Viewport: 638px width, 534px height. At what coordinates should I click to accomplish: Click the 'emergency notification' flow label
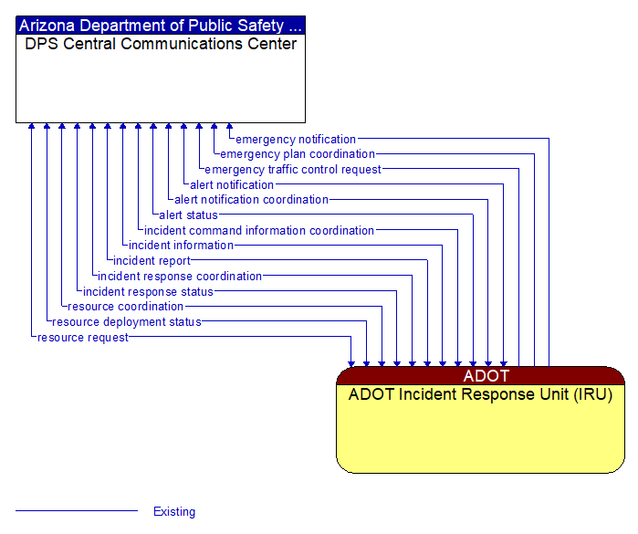coord(296,140)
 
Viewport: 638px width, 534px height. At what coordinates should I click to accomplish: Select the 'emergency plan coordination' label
coord(298,154)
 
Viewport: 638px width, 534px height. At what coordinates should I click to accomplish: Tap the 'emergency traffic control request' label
coord(293,170)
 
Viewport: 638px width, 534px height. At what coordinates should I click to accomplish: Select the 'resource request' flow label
coord(82,338)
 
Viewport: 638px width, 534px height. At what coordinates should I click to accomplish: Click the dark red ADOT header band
coord(480,375)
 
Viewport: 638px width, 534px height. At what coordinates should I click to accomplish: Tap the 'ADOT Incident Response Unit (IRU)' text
coord(480,395)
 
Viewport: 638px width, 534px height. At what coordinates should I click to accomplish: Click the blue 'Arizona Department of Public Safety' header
coord(161,26)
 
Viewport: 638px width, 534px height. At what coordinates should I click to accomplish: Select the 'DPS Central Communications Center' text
coord(161,44)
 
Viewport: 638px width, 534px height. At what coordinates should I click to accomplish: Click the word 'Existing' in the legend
coord(174,512)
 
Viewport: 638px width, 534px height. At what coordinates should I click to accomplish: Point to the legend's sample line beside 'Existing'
coord(77,511)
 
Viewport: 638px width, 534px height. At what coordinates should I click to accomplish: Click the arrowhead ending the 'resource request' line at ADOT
coord(351,362)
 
